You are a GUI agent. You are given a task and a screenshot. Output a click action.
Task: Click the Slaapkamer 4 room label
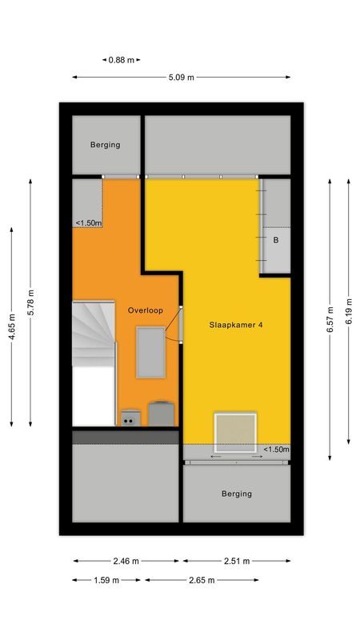point(236,324)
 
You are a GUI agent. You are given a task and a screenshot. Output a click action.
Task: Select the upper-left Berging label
point(105,145)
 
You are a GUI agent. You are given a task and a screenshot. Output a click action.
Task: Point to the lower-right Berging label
point(236,494)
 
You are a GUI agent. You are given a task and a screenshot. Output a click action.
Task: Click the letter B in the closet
point(275,240)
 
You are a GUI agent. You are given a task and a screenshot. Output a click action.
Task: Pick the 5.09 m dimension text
point(182,78)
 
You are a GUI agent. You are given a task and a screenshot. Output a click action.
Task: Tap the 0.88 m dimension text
point(122,60)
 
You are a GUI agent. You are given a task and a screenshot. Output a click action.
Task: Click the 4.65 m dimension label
point(12,326)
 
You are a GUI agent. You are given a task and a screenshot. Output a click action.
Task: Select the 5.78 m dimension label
point(30,302)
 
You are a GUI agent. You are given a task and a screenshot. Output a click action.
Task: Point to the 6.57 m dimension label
point(330,320)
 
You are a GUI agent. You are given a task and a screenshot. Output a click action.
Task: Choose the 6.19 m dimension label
point(350,312)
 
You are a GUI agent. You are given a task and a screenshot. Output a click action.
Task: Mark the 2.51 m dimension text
point(237,562)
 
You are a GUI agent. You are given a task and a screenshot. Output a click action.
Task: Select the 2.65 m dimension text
point(200,580)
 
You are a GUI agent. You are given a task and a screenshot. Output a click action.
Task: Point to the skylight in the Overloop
point(150,353)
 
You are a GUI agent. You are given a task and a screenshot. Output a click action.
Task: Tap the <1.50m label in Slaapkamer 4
point(276,450)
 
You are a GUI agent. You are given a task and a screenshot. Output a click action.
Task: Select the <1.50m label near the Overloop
point(88,223)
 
